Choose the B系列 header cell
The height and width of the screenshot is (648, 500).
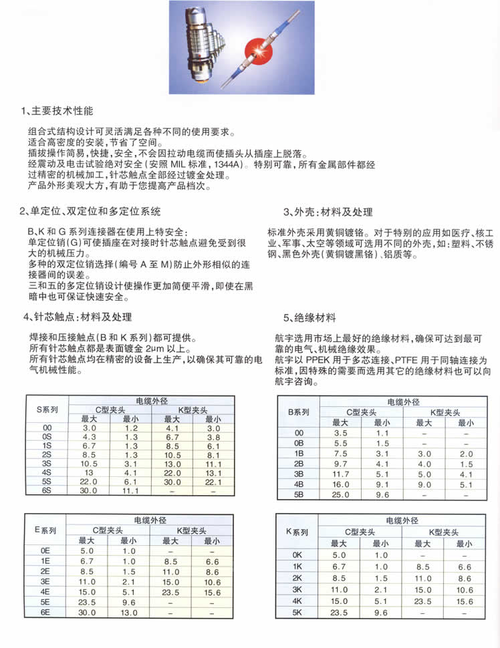tap(298, 412)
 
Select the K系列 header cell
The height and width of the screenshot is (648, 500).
tap(298, 532)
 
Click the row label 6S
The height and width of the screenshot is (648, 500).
tap(47, 491)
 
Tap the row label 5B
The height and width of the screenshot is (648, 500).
tap(298, 494)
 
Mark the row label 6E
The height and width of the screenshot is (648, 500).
tap(47, 612)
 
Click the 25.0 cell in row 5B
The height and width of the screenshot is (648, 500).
tap(340, 494)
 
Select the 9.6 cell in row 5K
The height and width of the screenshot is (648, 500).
tap(382, 612)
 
